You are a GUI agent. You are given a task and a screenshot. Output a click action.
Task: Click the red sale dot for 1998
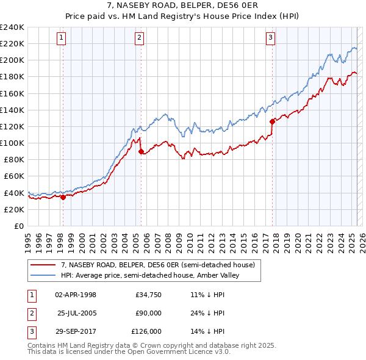pos(63,196)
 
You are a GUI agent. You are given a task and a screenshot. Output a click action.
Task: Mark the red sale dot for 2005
pos(141,151)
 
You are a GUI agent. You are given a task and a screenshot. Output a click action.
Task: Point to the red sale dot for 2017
pos(272,121)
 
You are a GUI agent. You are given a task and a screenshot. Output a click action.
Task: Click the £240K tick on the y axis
pos(12,27)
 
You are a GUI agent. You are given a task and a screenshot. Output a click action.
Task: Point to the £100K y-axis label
pos(12,143)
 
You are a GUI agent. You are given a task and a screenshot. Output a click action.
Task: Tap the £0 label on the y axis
pos(18,226)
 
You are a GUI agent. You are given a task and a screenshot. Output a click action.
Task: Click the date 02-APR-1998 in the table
pos(76,295)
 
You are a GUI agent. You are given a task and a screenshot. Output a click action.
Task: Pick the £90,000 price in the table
pos(148,313)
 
